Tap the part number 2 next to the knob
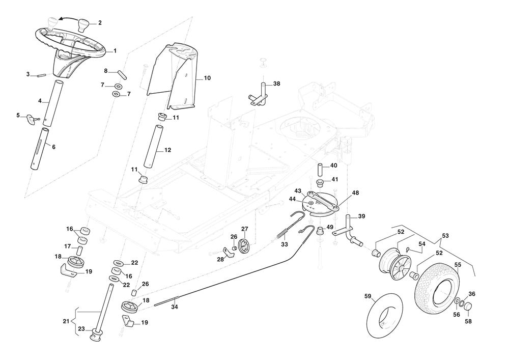click(100, 23)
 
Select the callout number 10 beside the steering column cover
click(207, 78)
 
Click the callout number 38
click(276, 84)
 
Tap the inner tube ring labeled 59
click(384, 313)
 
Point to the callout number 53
click(445, 235)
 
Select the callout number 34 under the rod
click(174, 307)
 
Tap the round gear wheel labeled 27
click(245, 245)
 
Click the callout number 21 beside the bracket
click(66, 321)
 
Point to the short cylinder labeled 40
click(321, 169)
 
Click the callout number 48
click(355, 193)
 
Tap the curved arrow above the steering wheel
click(65, 18)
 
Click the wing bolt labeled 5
click(34, 119)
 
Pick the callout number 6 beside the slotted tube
click(53, 147)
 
